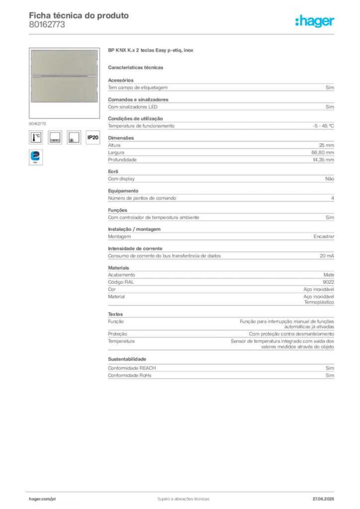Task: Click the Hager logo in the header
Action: tap(315, 21)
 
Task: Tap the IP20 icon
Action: tap(93, 137)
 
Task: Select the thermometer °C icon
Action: tap(36, 137)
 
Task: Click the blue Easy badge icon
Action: tap(36, 157)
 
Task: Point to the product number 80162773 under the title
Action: tap(47, 25)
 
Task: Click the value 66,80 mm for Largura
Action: tap(323, 153)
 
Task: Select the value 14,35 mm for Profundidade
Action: tap(323, 160)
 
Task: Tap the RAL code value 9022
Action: tap(329, 282)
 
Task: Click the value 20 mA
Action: tap(327, 256)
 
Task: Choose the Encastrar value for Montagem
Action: tap(324, 237)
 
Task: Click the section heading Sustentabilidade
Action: tap(127, 359)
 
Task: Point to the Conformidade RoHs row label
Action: tap(129, 375)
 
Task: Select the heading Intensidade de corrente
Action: tap(135, 249)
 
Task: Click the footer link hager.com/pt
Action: tap(42, 499)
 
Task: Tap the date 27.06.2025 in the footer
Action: tap(323, 499)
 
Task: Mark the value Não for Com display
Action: tap(330, 179)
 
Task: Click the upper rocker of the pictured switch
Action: tap(64, 63)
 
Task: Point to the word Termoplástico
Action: tap(319, 302)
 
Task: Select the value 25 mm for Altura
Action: tap(327, 145)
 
